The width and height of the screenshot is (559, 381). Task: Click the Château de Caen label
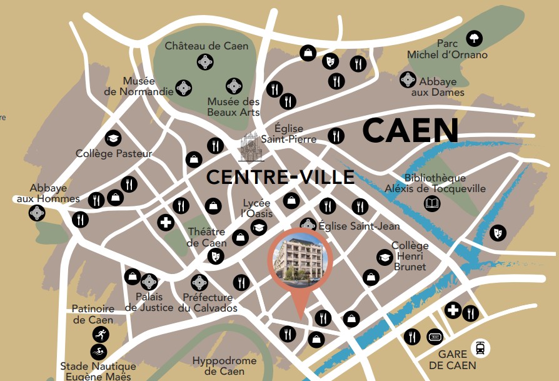click(x=206, y=46)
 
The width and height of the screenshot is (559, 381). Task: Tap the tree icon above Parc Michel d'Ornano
click(x=475, y=39)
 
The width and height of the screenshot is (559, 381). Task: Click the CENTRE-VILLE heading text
click(x=280, y=177)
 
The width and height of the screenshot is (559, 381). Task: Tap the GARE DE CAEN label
click(x=457, y=360)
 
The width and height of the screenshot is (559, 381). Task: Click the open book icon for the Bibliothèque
click(x=432, y=203)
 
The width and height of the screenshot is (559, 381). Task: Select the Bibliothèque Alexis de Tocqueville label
click(x=435, y=184)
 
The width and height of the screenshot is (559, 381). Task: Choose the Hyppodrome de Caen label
click(x=224, y=366)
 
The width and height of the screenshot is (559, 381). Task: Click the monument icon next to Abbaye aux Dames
click(x=408, y=79)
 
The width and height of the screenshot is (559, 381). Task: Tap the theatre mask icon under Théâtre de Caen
click(x=216, y=255)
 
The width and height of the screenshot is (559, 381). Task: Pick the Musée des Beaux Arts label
click(x=233, y=107)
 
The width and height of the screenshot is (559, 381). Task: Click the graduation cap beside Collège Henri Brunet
click(x=383, y=257)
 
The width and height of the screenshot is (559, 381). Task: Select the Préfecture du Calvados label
click(x=208, y=303)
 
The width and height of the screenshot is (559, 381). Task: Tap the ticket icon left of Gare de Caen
click(x=434, y=337)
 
